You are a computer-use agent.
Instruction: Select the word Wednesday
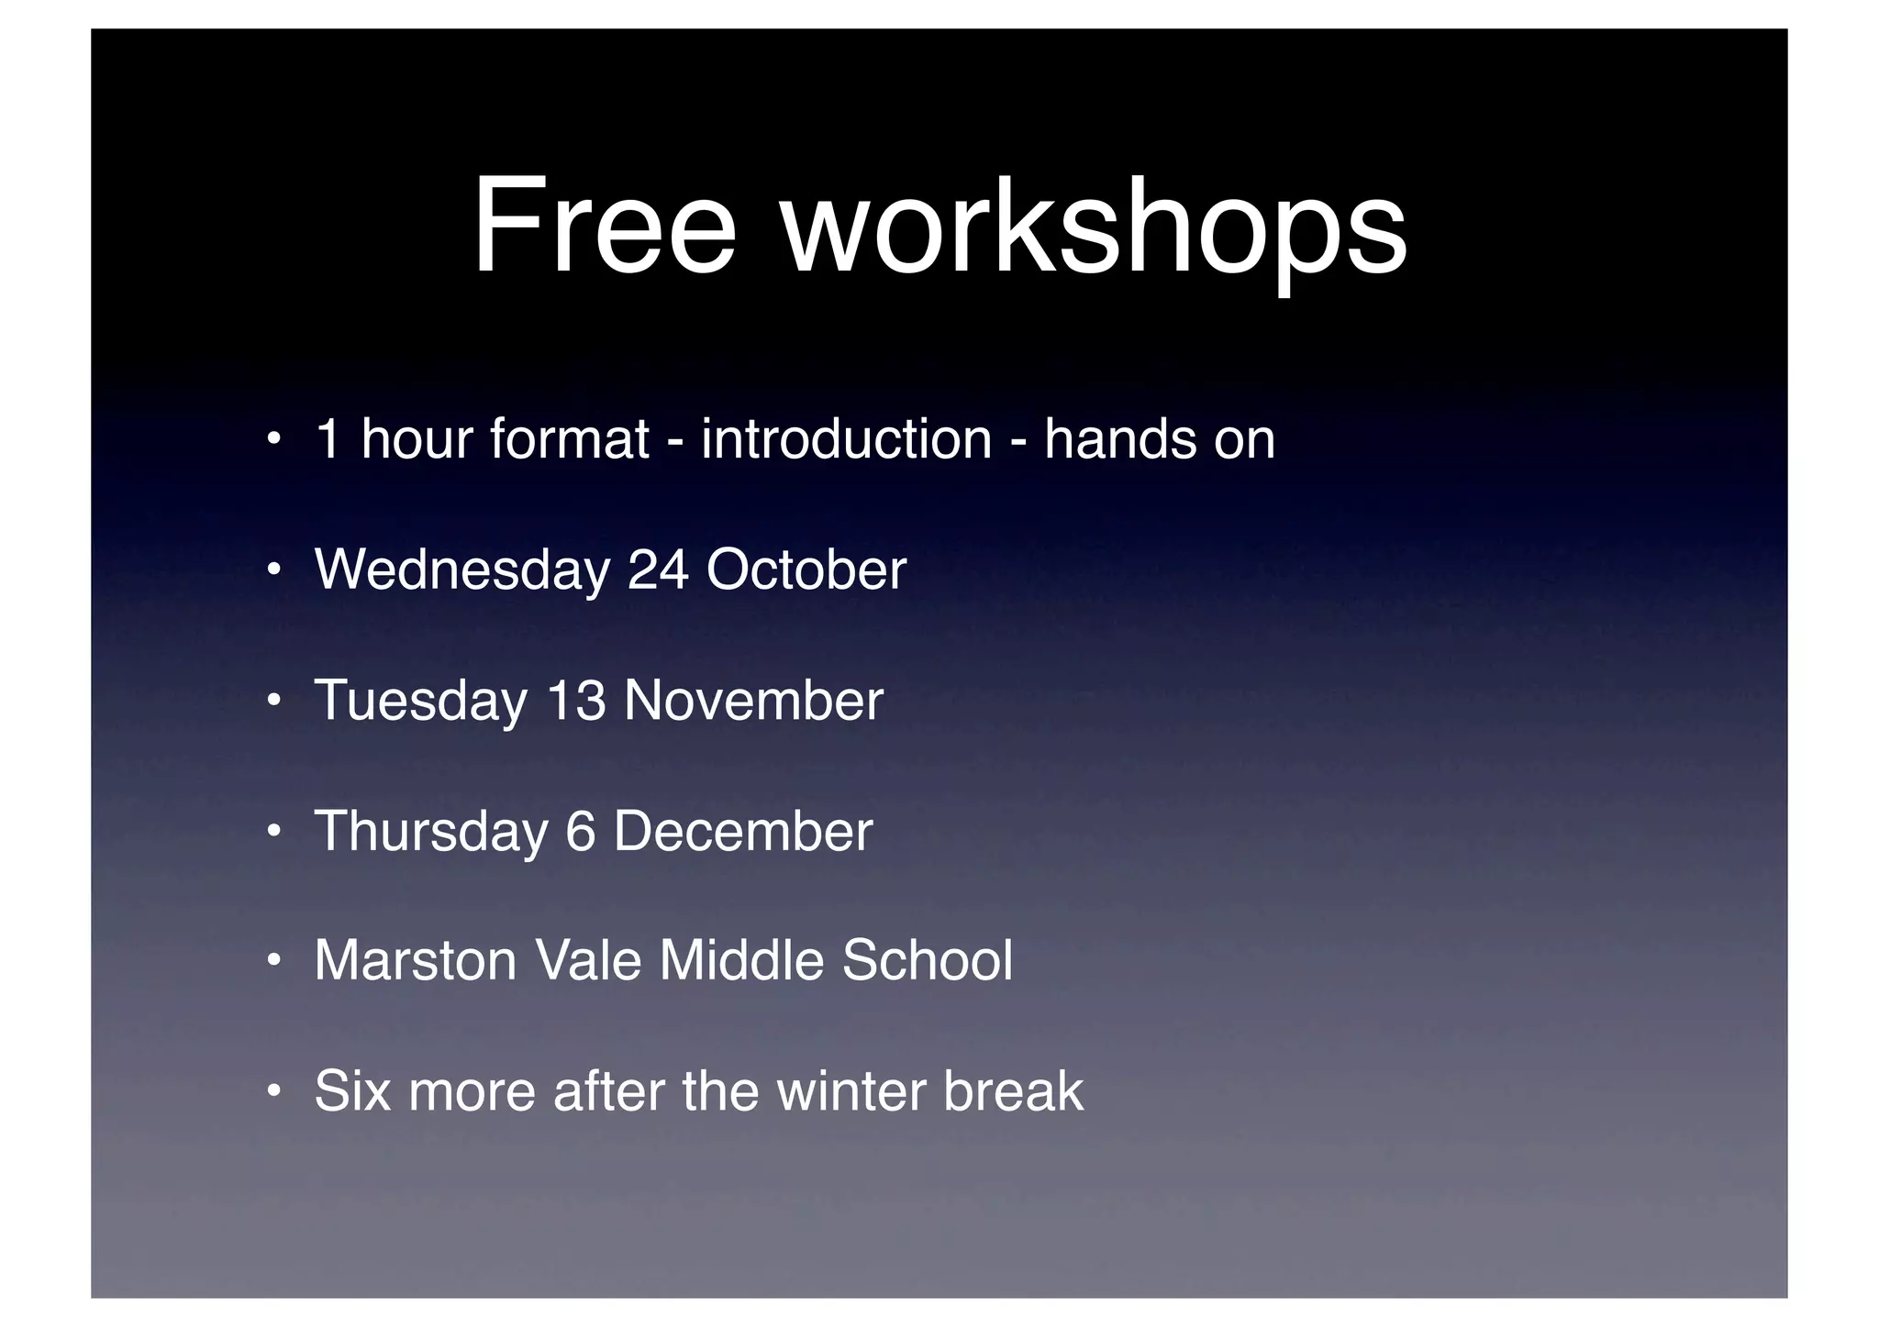(461, 570)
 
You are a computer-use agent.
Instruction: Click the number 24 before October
(658, 570)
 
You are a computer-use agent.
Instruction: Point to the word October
(806, 570)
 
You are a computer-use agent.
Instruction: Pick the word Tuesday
(420, 702)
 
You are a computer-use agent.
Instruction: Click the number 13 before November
(576, 702)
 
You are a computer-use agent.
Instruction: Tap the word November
(753, 702)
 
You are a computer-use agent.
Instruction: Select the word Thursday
(430, 833)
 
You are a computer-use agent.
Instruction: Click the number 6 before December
(580, 833)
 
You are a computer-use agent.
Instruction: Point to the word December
(742, 833)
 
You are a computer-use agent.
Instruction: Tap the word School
(927, 961)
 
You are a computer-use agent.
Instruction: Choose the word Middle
(739, 961)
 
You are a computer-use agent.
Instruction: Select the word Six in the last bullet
(352, 1092)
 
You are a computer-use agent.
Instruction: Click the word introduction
(846, 439)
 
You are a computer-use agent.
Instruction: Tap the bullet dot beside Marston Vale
(272, 962)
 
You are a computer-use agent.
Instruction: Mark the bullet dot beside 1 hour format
(272, 439)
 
